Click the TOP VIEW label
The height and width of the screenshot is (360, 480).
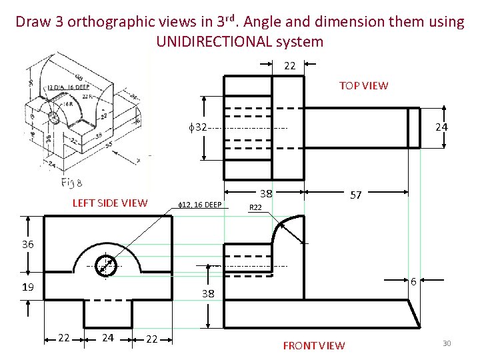tap(363, 85)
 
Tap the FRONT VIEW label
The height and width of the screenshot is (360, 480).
tap(314, 345)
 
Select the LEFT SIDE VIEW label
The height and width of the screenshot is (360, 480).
tap(109, 203)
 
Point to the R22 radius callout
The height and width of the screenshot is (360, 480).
tap(255, 208)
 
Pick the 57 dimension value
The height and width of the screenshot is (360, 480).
tap(356, 195)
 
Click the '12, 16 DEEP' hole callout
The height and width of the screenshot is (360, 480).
tap(202, 204)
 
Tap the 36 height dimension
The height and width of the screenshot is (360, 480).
tap(27, 245)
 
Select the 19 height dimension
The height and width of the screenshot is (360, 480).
tap(27, 287)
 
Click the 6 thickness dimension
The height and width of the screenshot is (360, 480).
tap(414, 282)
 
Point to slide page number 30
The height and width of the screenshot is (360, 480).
tap(447, 343)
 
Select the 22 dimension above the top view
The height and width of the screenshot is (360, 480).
tap(289, 66)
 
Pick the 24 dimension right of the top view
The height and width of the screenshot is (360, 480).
tap(441, 127)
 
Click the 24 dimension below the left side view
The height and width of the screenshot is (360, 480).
tap(107, 339)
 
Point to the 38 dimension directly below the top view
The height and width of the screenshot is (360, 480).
tap(265, 194)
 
